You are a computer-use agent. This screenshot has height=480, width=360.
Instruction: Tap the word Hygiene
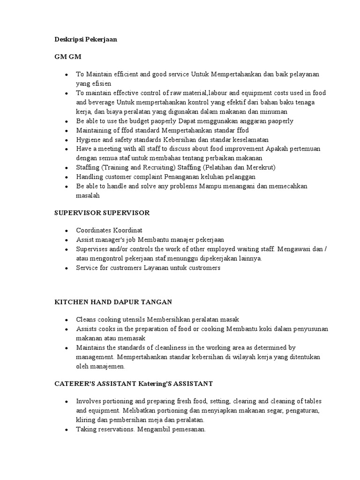(88, 140)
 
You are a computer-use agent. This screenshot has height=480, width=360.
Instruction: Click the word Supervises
(93, 249)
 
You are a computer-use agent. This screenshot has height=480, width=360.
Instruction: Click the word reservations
(115, 429)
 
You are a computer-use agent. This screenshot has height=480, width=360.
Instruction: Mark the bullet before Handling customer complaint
(67, 177)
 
